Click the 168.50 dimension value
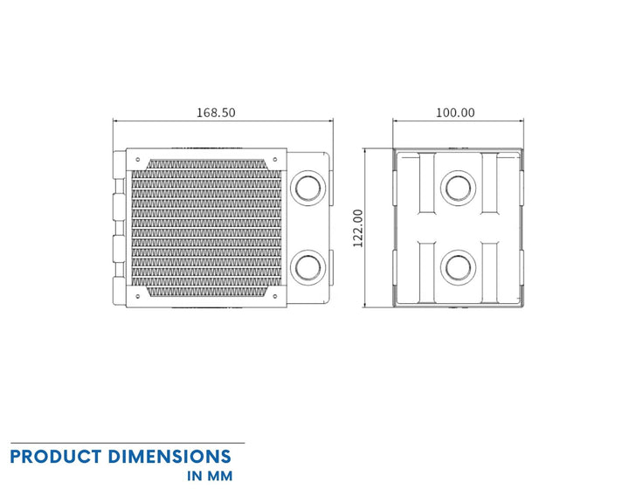click(216, 113)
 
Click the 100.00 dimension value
click(455, 113)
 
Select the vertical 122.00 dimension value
click(358, 228)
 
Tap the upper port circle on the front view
click(308, 188)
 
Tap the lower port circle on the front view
click(308, 267)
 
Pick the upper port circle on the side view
click(458, 188)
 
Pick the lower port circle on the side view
click(458, 267)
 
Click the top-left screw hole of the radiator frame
click(138, 160)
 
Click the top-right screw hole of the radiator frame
click(275, 160)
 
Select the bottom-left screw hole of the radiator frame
click(138, 296)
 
